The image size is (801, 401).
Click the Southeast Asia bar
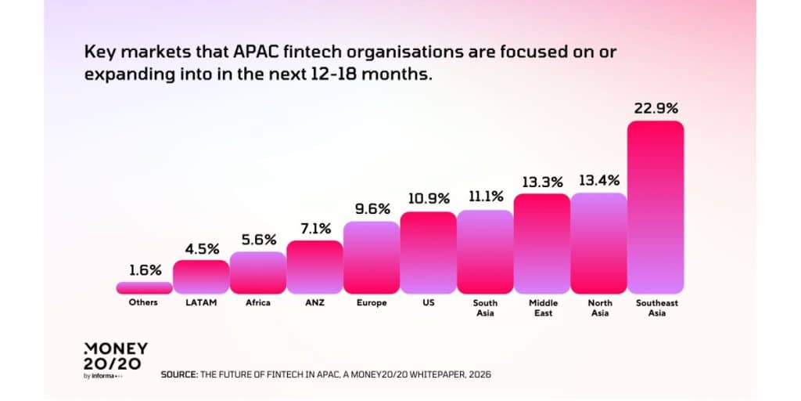pyautogui.click(x=656, y=207)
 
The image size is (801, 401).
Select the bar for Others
pyautogui.click(x=144, y=287)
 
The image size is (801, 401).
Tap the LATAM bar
pyautogui.click(x=201, y=276)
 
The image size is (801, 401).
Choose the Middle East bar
pyautogui.click(x=542, y=243)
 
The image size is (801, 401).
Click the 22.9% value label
pyautogui.click(x=656, y=107)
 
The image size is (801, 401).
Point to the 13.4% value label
pyautogui.click(x=598, y=181)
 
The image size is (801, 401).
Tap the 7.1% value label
pyautogui.click(x=314, y=229)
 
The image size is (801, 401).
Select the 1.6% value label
pyautogui.click(x=144, y=270)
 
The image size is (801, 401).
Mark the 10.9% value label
pyautogui.click(x=428, y=200)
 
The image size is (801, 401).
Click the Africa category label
pyautogui.click(x=257, y=303)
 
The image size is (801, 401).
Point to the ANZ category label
pyautogui.click(x=314, y=303)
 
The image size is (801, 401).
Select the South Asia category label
pyautogui.click(x=485, y=308)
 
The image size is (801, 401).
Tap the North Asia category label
pyautogui.click(x=598, y=308)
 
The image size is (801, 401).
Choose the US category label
pyautogui.click(x=428, y=303)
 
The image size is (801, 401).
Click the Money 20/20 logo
pyautogui.click(x=114, y=359)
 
